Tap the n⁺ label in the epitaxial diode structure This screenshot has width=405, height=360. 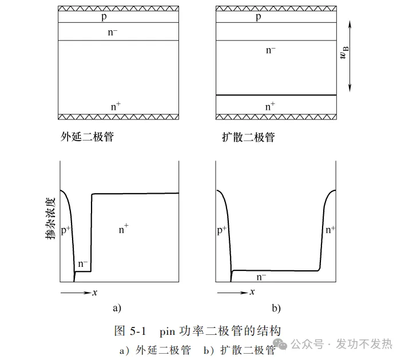[116, 106]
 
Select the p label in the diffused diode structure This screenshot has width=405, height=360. [259, 17]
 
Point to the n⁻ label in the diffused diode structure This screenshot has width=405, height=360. [271, 50]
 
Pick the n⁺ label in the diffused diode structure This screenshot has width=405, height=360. [271, 106]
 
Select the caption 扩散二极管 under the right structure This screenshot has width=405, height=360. [248, 137]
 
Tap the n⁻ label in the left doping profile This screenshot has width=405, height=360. [83, 264]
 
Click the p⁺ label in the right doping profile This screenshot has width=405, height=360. [223, 230]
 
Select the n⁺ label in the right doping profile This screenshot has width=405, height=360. [331, 230]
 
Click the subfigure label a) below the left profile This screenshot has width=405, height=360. [116, 308]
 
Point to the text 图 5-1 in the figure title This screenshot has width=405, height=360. [132, 331]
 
